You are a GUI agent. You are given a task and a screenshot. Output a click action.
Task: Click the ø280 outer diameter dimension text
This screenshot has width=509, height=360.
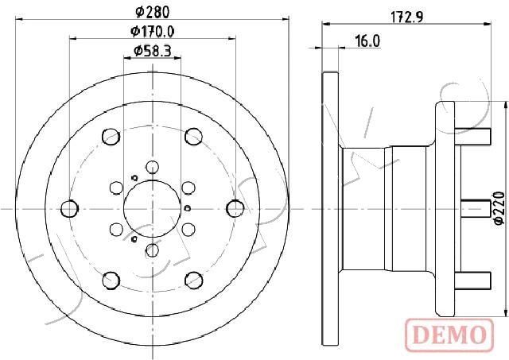[x=151, y=11]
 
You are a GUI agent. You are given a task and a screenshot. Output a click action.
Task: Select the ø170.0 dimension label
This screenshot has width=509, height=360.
[x=151, y=32]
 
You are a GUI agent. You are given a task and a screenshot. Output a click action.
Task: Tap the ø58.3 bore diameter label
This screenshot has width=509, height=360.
[x=151, y=52]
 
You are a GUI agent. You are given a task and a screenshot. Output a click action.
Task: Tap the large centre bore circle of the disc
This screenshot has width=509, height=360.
[x=151, y=208]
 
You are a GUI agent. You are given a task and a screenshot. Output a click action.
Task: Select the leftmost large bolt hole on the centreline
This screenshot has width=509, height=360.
[x=70, y=208]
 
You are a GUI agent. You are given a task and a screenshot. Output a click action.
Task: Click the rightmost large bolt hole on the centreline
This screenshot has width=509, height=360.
[x=233, y=208]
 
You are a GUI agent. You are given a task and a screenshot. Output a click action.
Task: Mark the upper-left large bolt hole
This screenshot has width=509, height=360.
[x=110, y=137]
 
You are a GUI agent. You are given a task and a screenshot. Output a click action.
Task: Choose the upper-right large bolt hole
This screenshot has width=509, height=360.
[x=192, y=137]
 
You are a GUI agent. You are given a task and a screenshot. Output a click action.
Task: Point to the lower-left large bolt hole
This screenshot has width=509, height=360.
[x=110, y=279]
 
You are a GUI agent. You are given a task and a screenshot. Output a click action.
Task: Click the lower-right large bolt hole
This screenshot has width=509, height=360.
[x=192, y=279]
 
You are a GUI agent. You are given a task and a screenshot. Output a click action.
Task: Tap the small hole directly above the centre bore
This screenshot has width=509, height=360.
[x=151, y=165]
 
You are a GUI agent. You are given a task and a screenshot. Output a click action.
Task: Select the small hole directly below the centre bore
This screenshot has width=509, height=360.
[x=151, y=252]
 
